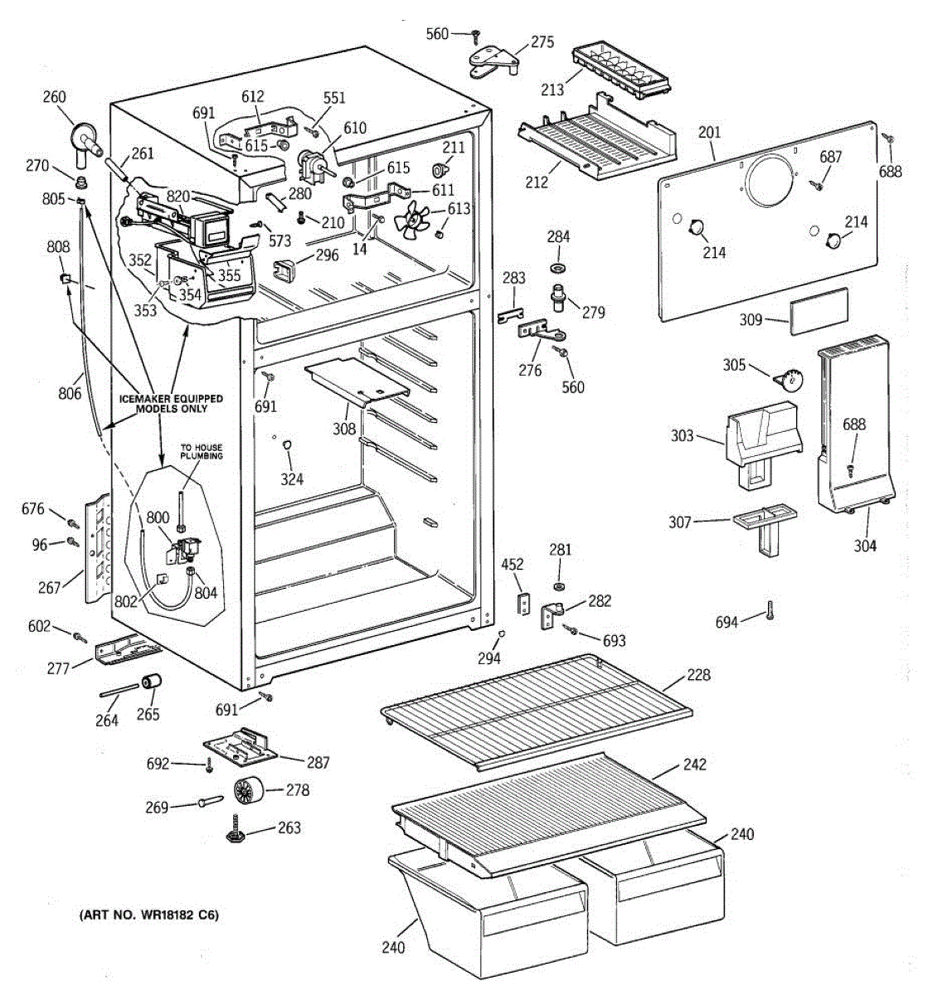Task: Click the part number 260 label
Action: pos(54,96)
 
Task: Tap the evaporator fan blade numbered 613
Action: pos(411,217)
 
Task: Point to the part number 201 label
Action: pos(709,133)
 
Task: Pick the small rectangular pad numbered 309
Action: pos(819,311)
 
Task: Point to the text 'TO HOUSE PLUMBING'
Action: pos(202,451)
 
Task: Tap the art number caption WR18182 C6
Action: pos(149,915)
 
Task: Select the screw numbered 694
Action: pos(770,609)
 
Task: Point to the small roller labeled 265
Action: pos(153,682)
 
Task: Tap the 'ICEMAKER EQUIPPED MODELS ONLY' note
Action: pos(171,403)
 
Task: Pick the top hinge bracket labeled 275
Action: pos(494,61)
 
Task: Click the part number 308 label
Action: pos(344,429)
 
